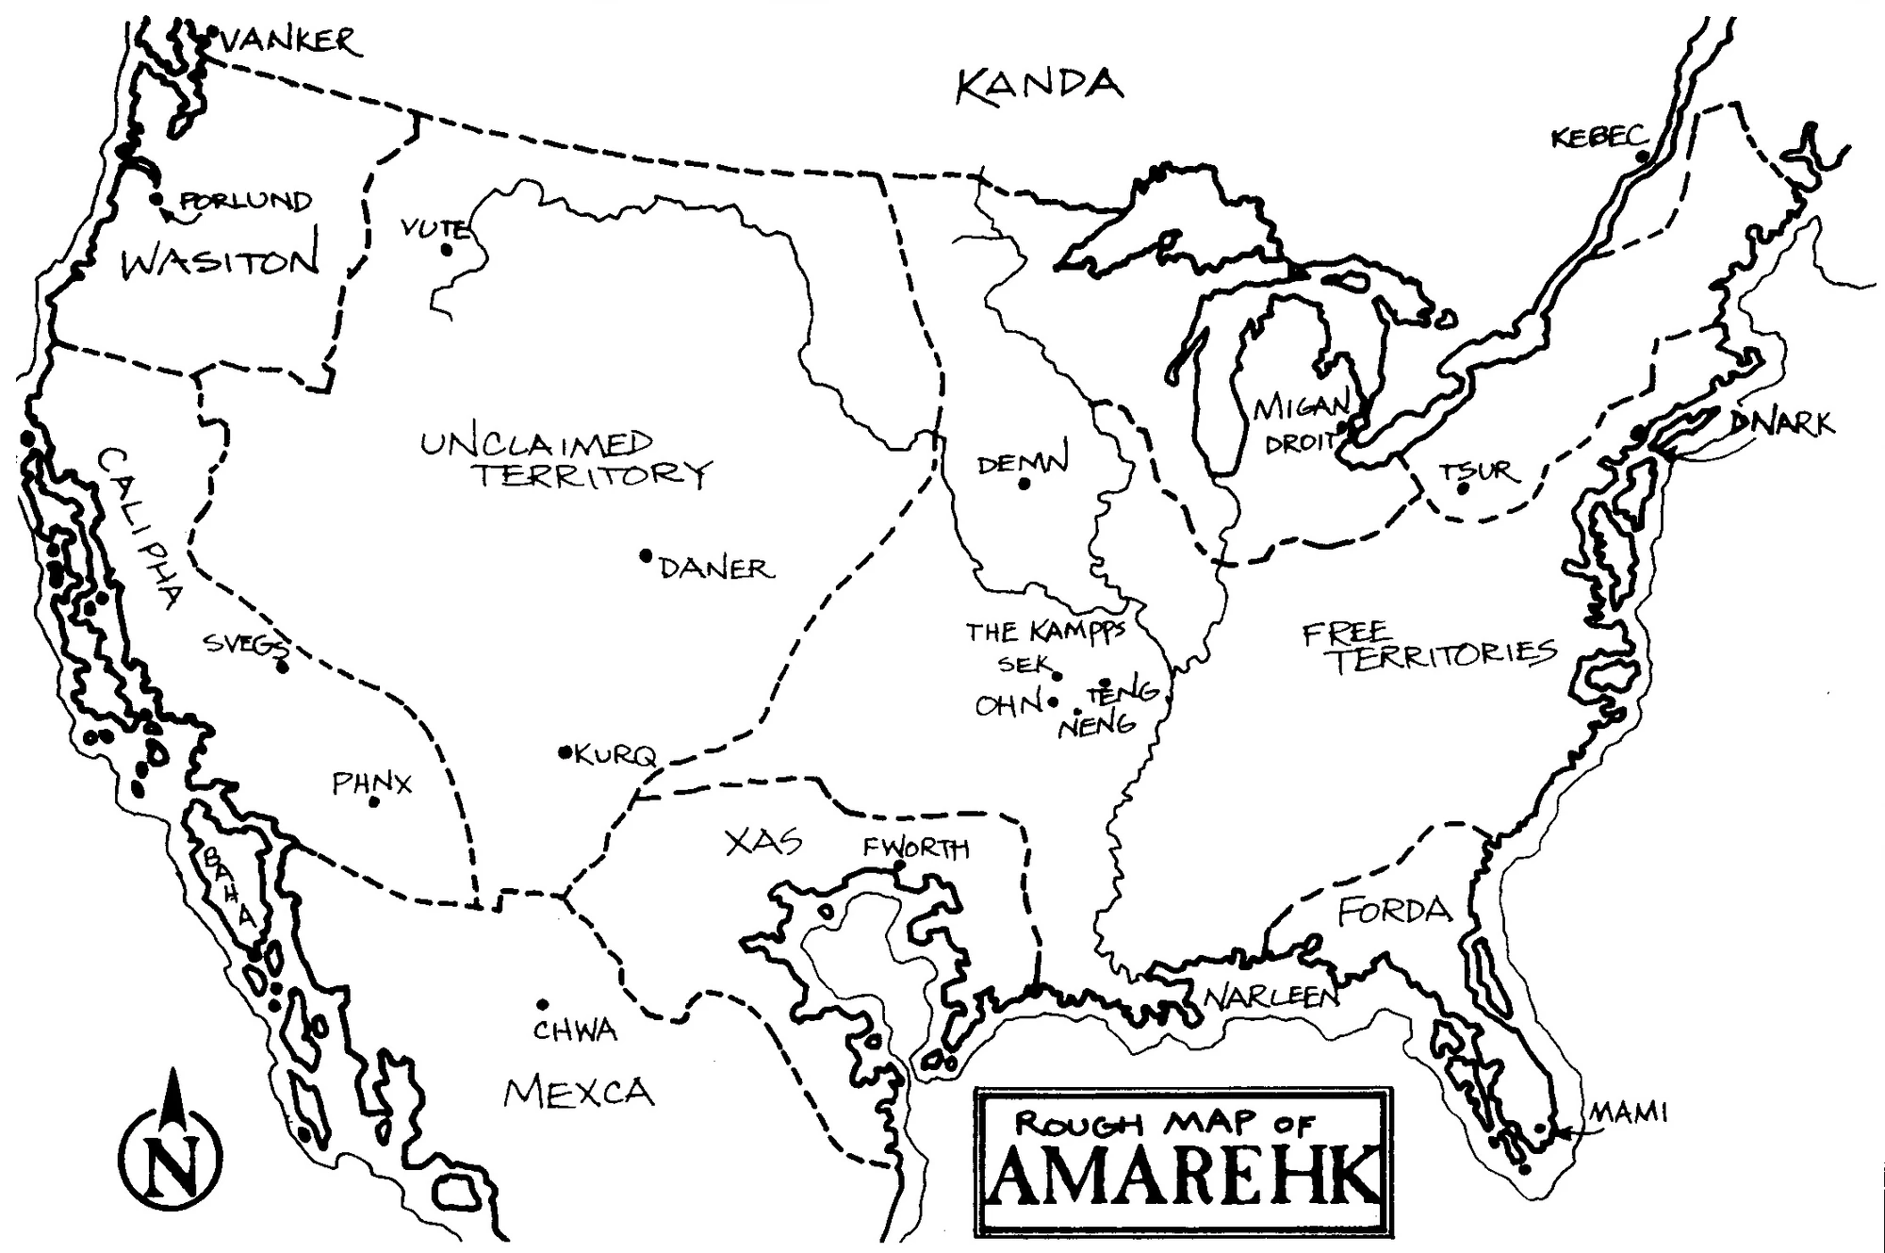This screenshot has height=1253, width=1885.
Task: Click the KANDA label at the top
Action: pos(1039,86)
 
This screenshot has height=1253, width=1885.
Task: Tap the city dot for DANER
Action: pos(646,555)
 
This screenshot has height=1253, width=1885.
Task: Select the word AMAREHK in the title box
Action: pos(1183,1176)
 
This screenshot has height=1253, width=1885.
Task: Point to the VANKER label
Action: pos(290,41)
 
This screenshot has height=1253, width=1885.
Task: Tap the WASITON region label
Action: pos(221,261)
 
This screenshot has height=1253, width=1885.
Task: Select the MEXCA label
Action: pos(579,1093)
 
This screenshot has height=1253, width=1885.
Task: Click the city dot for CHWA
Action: pos(542,1005)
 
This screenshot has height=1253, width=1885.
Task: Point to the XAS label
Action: pos(763,841)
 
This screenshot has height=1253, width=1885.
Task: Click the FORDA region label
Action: pos(1395,911)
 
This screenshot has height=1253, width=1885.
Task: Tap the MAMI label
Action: pos(1629,1113)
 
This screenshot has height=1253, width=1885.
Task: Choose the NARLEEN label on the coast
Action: pos(1270,997)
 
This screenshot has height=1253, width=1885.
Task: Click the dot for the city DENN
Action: pos(1024,485)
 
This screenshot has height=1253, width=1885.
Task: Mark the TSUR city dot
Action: pos(1463,488)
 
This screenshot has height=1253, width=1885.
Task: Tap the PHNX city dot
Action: pos(373,802)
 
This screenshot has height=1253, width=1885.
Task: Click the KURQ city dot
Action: pos(565,751)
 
